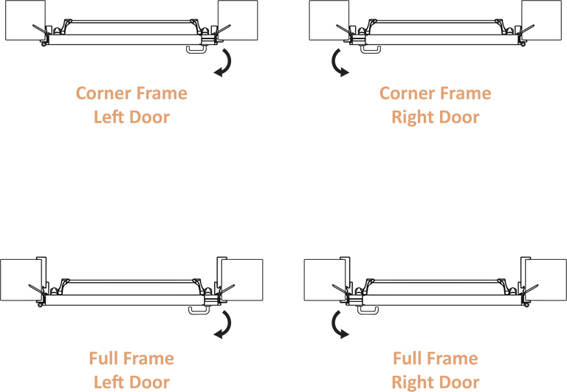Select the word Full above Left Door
[105, 360]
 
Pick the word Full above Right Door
[408, 360]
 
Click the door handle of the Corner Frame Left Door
[194, 49]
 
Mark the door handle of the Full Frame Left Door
[196, 310]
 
